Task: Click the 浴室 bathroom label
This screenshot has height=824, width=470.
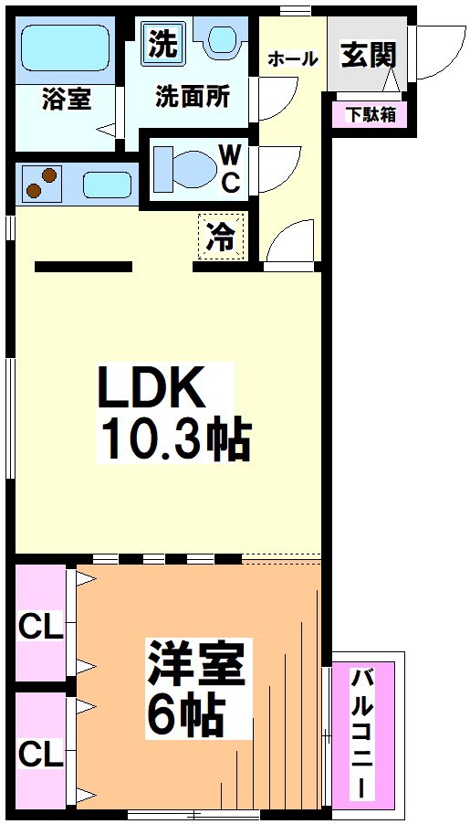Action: [x=66, y=99]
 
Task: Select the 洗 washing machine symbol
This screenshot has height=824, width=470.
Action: [x=162, y=44]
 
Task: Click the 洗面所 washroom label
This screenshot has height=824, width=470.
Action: [x=192, y=97]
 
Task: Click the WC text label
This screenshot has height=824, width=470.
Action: [x=229, y=168]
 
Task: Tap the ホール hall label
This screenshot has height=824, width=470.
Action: [x=292, y=59]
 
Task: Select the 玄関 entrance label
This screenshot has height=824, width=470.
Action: [x=369, y=55]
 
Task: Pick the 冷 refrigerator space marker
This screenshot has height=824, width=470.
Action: [x=223, y=236]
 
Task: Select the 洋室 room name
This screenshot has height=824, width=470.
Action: [x=196, y=665]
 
